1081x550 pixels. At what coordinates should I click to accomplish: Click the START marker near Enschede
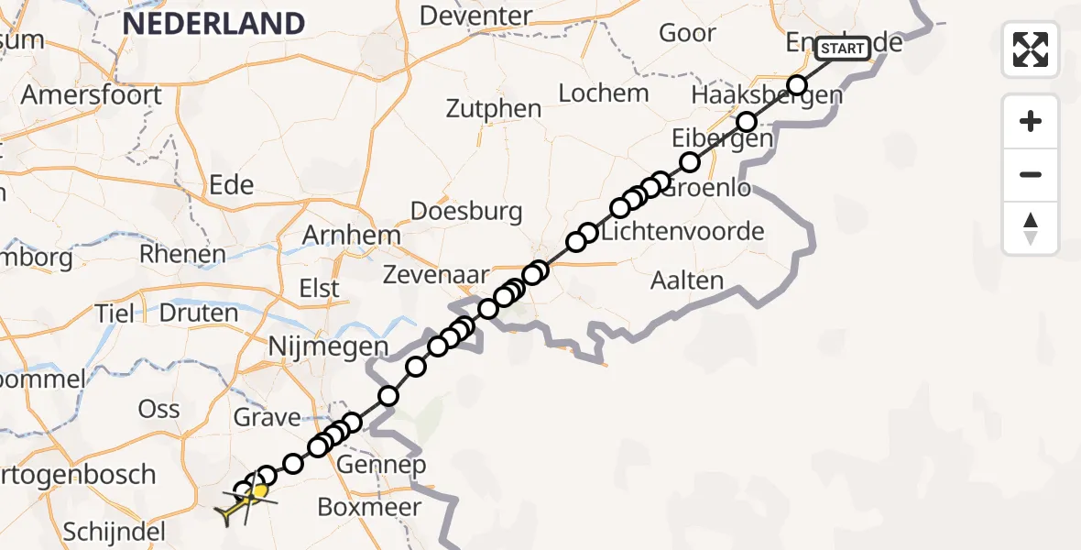pos(842,48)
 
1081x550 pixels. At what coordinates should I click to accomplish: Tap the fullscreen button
pos(1031,49)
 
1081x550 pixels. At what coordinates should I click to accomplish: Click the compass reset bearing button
pos(1031,228)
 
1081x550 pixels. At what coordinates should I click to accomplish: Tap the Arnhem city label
pos(353,236)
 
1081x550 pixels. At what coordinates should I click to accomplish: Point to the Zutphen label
pos(494,108)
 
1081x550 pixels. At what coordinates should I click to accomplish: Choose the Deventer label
pos(475,16)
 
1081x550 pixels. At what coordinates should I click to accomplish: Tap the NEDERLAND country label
pos(213,23)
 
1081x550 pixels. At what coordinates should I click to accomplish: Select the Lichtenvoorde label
pos(682,231)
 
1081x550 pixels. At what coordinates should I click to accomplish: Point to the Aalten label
pos(686,280)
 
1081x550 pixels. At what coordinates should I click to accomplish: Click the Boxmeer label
pos(369,507)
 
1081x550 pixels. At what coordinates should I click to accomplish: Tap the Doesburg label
pos(466,212)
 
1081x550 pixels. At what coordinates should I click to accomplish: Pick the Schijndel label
pos(115,532)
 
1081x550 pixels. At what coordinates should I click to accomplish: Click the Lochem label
pos(604,93)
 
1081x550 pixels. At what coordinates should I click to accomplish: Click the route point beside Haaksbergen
pos(796,86)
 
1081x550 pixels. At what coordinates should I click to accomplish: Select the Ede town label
pos(231,185)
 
